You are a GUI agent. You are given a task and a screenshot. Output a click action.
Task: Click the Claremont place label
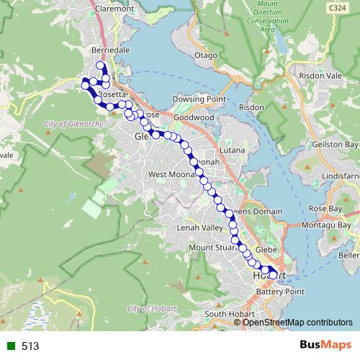tap(114, 9)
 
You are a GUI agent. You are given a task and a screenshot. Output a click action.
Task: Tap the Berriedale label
tap(110, 50)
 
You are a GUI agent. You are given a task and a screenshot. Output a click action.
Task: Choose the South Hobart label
tap(226, 314)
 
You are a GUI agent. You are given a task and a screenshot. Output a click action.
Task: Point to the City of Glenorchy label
tap(75, 124)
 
